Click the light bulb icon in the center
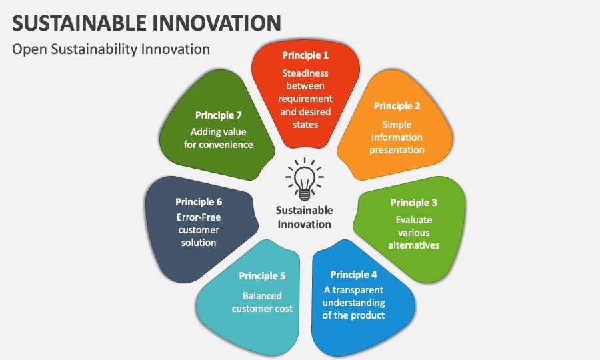click(x=304, y=179)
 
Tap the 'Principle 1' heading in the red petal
click(x=305, y=55)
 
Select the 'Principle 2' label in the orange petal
click(x=397, y=106)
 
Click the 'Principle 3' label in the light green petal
click(x=414, y=203)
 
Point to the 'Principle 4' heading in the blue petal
click(x=353, y=275)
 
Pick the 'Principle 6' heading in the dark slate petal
click(x=199, y=201)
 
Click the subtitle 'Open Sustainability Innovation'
click(x=111, y=49)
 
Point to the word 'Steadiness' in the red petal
click(x=305, y=73)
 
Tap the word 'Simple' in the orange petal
click(x=397, y=125)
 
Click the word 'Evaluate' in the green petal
click(x=414, y=219)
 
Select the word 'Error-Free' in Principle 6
click(x=199, y=217)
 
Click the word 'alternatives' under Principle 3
click(x=414, y=245)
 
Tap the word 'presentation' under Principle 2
click(x=397, y=150)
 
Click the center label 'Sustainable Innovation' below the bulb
click(x=304, y=217)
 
